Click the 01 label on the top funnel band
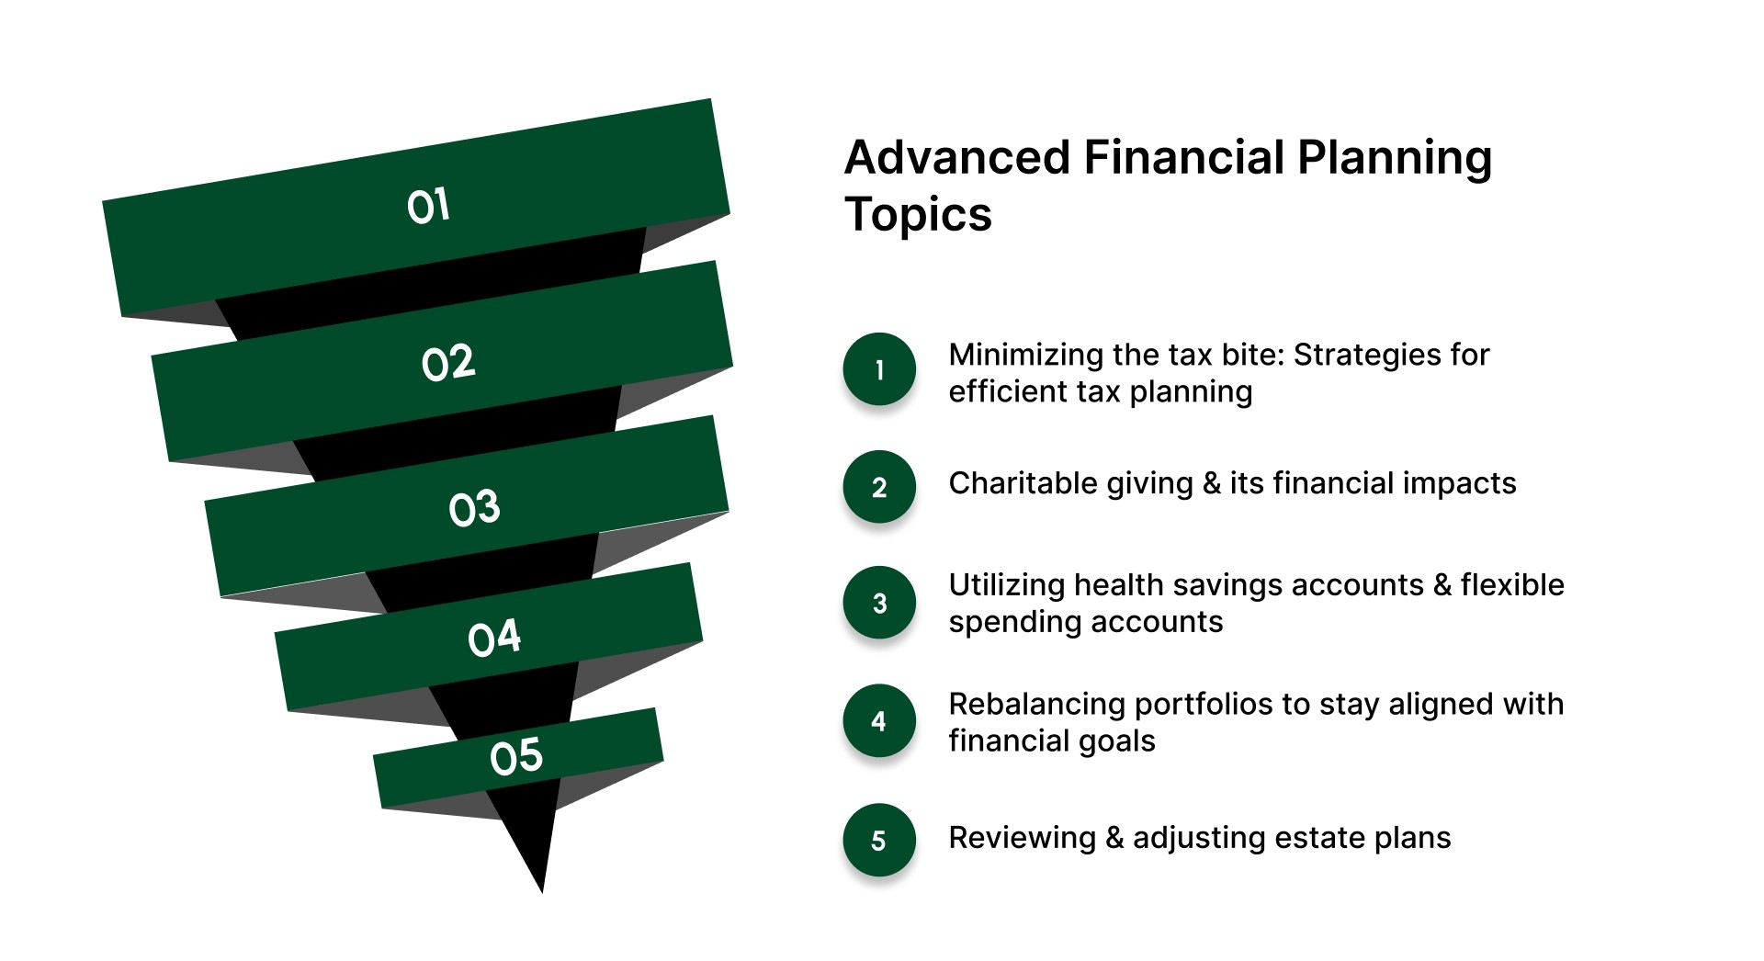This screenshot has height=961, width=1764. coord(428,206)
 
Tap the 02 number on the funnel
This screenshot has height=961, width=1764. coord(448,364)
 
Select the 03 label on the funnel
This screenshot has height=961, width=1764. coord(474,508)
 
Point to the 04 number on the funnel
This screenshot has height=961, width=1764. coord(493,639)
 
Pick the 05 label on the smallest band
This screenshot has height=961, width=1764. coord(516,757)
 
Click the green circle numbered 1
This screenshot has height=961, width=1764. coord(879,369)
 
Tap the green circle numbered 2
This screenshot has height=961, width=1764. coord(879,487)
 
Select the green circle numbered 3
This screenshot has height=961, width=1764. coord(879,603)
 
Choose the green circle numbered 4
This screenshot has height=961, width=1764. coord(879,721)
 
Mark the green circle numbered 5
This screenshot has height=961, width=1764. coord(879,840)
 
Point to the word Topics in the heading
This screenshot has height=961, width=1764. coord(918,215)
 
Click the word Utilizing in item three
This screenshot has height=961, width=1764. coord(1006,585)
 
